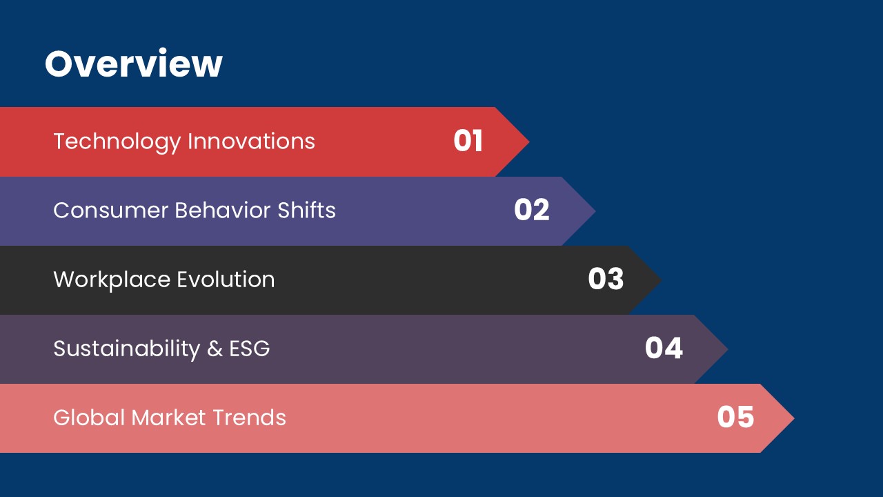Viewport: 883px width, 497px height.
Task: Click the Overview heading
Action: click(134, 63)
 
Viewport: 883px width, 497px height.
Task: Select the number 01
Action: click(468, 141)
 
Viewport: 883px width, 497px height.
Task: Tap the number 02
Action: click(532, 210)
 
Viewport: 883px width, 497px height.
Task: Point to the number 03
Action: click(606, 279)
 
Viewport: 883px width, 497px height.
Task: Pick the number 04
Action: click(664, 348)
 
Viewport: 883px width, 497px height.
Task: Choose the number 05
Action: click(735, 417)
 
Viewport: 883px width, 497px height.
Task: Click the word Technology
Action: click(117, 142)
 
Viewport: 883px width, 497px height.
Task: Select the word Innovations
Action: click(252, 142)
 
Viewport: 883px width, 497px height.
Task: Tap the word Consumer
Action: click(111, 211)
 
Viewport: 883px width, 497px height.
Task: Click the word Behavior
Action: click(223, 211)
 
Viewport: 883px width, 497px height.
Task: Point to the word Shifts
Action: click(307, 210)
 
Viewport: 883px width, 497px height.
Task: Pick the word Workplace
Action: click(112, 280)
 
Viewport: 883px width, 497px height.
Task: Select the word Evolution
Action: click(226, 280)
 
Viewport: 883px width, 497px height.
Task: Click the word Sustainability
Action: click(127, 349)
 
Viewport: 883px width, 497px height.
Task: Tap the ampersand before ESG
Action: click(215, 349)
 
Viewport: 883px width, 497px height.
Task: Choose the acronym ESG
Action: click(250, 349)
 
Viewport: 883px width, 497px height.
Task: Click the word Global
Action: click(89, 418)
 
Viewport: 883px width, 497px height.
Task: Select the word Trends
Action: click(250, 418)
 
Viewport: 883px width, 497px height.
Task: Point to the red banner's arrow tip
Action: click(529, 142)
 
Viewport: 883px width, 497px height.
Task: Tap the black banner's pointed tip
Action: click(661, 280)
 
